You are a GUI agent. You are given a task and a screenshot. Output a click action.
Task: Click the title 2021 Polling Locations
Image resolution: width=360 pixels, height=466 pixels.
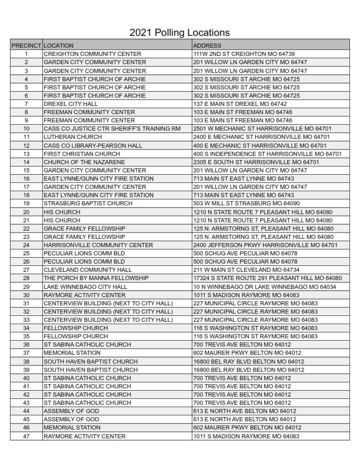179,32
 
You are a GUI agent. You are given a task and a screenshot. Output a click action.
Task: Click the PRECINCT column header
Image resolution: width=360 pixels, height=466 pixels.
26,45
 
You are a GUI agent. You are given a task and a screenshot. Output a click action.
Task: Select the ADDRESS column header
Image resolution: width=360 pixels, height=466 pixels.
207,45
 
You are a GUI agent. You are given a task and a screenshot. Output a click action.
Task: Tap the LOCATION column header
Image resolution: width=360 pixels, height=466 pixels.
59,45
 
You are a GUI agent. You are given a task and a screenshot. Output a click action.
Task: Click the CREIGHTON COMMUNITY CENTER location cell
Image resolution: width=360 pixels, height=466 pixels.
92,54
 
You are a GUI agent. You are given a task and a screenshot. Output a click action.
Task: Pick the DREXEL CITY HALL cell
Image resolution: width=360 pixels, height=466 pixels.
71,104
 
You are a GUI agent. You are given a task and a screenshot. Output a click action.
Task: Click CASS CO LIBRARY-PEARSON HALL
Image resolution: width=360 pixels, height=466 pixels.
93,145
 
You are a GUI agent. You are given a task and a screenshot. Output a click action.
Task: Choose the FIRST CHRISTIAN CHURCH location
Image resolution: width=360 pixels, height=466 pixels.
82,154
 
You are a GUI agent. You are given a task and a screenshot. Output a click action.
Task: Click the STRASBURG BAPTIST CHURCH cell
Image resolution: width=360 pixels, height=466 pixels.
88,204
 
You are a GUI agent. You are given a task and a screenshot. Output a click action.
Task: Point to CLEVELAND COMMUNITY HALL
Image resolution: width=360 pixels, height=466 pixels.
88,269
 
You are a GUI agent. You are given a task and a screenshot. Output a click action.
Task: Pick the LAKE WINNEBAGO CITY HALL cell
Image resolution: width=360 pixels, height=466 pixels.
85,287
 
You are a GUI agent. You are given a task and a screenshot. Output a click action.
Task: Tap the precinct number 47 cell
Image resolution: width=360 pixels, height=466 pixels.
26,436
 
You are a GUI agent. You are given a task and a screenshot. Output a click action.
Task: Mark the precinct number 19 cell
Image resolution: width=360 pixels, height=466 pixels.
26,204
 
